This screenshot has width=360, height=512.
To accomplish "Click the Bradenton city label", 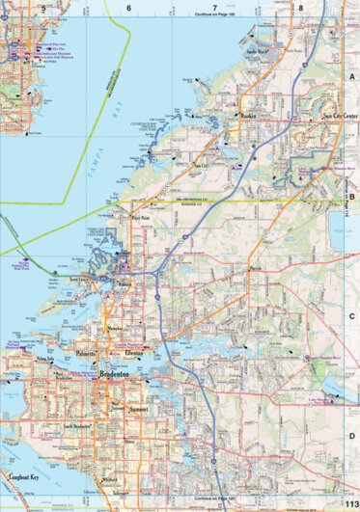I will (107, 377).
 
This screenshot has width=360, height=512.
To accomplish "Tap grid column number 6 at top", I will (127, 7).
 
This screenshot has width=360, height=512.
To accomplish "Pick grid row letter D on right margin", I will (351, 408).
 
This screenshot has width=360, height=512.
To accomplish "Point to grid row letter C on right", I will (351, 314).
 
